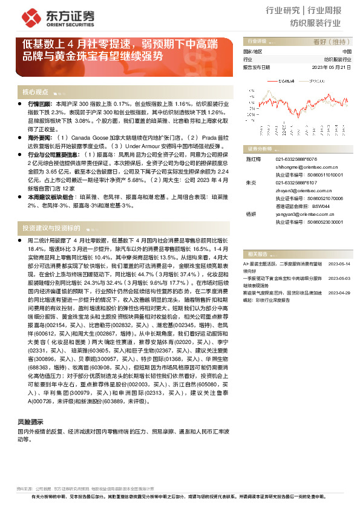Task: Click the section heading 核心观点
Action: click(x=35, y=92)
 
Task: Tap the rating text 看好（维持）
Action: click(x=335, y=42)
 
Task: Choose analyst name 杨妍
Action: click(x=250, y=213)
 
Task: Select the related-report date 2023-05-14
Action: click(x=339, y=264)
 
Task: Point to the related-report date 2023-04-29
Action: click(x=339, y=292)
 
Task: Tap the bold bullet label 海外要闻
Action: click(x=40, y=138)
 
